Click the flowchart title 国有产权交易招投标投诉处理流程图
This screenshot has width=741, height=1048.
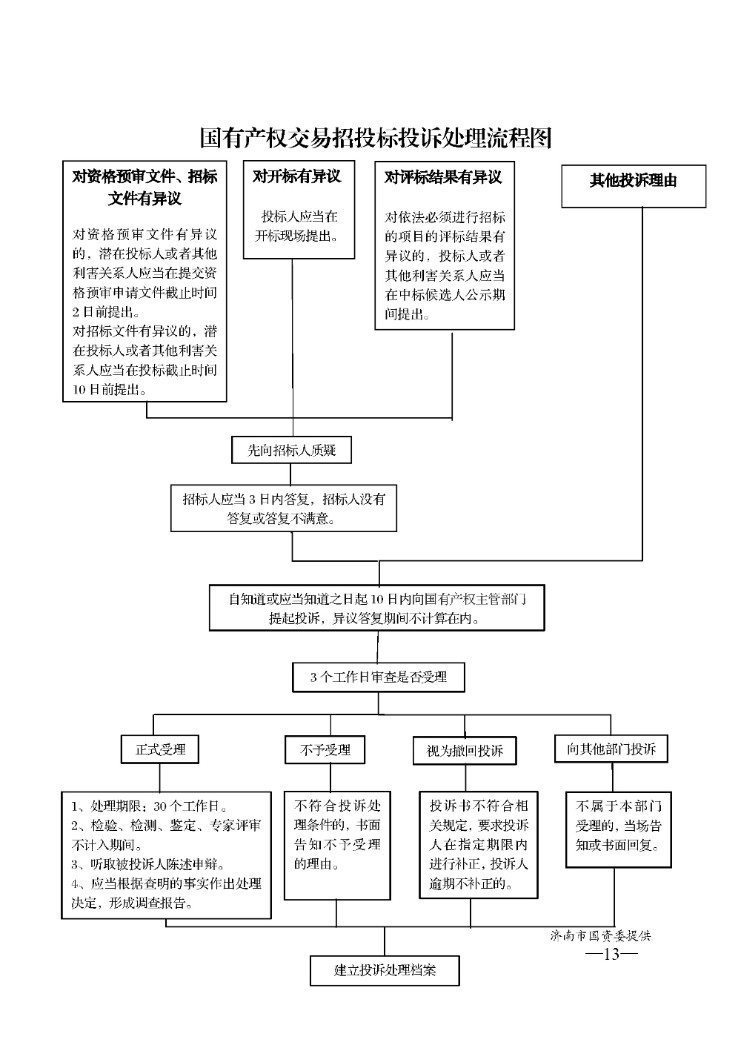coord(376,138)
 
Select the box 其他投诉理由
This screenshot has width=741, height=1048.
coord(634,186)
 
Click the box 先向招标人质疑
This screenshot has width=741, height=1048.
coord(291,450)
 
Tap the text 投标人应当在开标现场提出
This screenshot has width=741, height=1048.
coord(298,226)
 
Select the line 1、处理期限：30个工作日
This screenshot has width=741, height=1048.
coord(149,806)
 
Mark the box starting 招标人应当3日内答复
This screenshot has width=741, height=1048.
coord(284,508)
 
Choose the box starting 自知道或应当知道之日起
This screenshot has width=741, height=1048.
coord(376,608)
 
